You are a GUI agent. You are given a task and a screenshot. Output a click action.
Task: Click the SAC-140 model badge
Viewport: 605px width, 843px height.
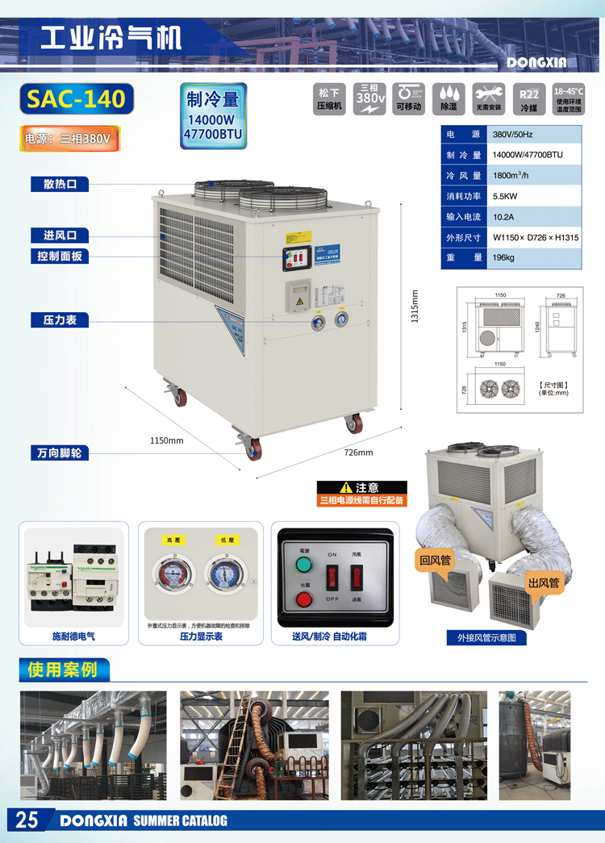point(76,98)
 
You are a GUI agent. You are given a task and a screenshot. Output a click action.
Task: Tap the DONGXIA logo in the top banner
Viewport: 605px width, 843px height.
point(536,62)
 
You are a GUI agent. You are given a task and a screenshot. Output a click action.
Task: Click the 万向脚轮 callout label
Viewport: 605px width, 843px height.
point(60,453)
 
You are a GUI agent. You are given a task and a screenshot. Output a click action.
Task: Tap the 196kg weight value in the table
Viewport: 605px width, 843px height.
point(503,258)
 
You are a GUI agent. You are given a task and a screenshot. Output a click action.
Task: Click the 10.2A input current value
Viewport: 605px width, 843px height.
point(504,217)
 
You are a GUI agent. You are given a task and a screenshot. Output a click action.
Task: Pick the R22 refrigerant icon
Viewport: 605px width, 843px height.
point(528,99)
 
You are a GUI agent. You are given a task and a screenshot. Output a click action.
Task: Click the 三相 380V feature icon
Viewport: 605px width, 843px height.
point(370,99)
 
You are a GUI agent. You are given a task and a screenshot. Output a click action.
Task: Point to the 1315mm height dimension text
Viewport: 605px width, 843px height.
point(415,306)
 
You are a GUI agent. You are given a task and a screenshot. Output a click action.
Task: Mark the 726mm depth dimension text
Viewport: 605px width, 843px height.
point(359,453)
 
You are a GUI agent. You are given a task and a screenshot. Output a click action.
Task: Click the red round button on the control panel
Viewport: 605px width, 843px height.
point(304,599)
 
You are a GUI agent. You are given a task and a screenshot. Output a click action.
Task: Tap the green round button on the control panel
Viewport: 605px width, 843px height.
point(304,563)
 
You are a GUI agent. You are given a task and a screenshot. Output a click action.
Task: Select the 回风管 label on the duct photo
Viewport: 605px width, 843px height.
point(434,559)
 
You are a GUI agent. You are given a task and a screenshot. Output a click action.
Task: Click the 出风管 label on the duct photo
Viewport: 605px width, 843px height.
point(543,582)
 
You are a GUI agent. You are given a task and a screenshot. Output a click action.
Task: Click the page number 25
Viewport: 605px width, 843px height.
point(27,820)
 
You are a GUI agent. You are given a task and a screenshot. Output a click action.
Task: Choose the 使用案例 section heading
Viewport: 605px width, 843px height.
point(62,670)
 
